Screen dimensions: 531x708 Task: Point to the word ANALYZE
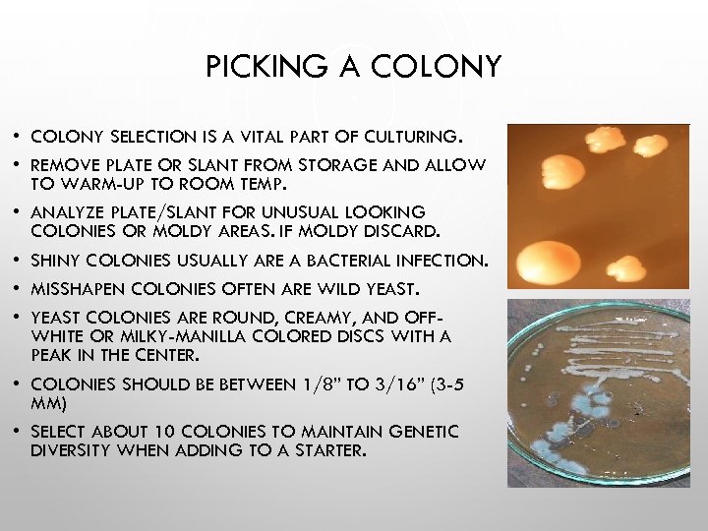pyautogui.click(x=68, y=212)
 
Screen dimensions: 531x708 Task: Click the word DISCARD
pyautogui.click(x=406, y=231)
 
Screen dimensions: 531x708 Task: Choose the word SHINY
pyautogui.click(x=56, y=261)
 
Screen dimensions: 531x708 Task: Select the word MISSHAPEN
pyautogui.click(x=80, y=289)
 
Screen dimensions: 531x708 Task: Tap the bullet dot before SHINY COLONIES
pyautogui.click(x=18, y=262)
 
